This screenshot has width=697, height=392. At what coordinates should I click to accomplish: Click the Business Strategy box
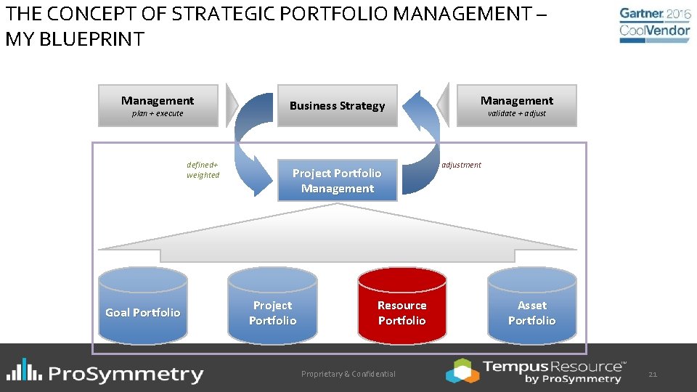[337, 106]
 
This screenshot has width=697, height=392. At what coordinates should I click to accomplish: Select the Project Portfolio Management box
[337, 181]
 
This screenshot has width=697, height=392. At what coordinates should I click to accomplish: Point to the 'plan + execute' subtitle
[158, 114]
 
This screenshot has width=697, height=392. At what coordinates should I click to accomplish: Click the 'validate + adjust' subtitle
[516, 114]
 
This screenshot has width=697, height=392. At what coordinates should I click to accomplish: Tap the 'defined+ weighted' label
[203, 170]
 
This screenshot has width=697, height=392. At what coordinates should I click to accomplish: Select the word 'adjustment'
[461, 165]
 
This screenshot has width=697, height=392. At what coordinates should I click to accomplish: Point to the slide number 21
[652, 374]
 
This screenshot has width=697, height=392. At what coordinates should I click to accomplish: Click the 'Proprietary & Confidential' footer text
[348, 374]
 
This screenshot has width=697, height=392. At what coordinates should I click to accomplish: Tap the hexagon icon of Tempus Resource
[462, 370]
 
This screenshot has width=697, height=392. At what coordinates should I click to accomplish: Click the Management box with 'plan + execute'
[158, 106]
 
